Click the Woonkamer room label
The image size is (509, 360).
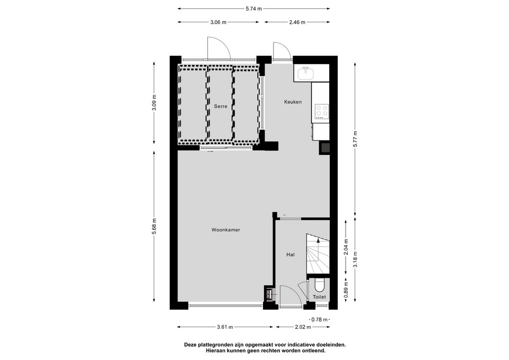click(x=226, y=230)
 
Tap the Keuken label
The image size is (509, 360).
click(x=293, y=102)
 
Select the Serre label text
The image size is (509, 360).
click(x=221, y=106)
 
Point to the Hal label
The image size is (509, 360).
click(x=290, y=255)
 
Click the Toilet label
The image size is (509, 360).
click(x=319, y=297)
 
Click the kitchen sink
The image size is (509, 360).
click(x=305, y=73)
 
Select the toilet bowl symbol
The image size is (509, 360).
click(x=319, y=286)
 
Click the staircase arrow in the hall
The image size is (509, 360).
click(x=318, y=247)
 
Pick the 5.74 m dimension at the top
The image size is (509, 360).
click(x=253, y=9)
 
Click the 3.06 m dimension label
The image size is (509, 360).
click(x=218, y=22)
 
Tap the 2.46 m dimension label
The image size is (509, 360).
click(x=297, y=22)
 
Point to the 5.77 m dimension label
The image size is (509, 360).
click(x=355, y=138)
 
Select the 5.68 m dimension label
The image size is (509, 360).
click(x=154, y=226)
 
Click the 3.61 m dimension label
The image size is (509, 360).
click(x=225, y=327)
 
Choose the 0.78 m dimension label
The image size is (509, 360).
click(x=319, y=319)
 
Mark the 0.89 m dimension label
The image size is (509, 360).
click(x=346, y=290)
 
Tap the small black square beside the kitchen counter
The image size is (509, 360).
click(x=324, y=148)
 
